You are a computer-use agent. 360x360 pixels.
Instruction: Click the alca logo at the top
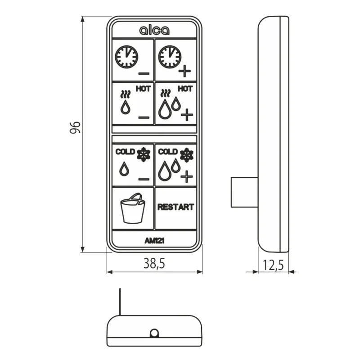(154, 30)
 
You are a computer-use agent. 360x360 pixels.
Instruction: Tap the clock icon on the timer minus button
(126, 57)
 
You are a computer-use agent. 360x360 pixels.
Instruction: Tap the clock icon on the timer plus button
(170, 57)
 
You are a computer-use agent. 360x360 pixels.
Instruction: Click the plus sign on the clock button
(184, 71)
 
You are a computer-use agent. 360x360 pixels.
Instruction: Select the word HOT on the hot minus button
(143, 89)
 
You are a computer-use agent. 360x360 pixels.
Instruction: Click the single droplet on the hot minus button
(125, 107)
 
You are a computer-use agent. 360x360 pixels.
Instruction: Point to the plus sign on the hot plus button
(187, 115)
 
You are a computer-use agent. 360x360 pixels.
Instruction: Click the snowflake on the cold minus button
(144, 154)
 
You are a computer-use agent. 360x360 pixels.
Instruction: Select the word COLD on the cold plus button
(168, 152)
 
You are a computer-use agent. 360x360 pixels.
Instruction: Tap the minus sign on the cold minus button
(144, 179)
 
